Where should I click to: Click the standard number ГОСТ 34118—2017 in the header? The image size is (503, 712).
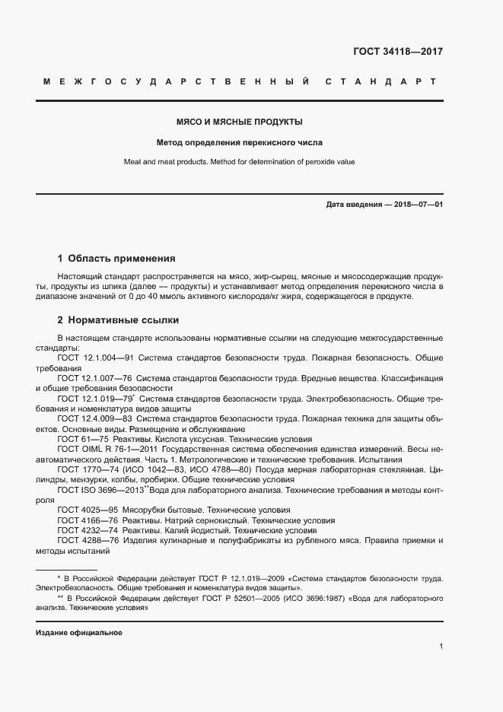(398, 52)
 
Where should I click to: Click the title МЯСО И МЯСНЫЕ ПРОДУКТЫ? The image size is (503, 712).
(240, 122)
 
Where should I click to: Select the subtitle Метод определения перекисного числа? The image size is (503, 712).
(240, 142)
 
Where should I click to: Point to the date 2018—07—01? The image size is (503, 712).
(416, 205)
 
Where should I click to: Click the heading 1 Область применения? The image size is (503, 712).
(116, 258)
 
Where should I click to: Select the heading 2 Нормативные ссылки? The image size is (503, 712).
(119, 320)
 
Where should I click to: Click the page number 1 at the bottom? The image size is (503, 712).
(441, 646)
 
